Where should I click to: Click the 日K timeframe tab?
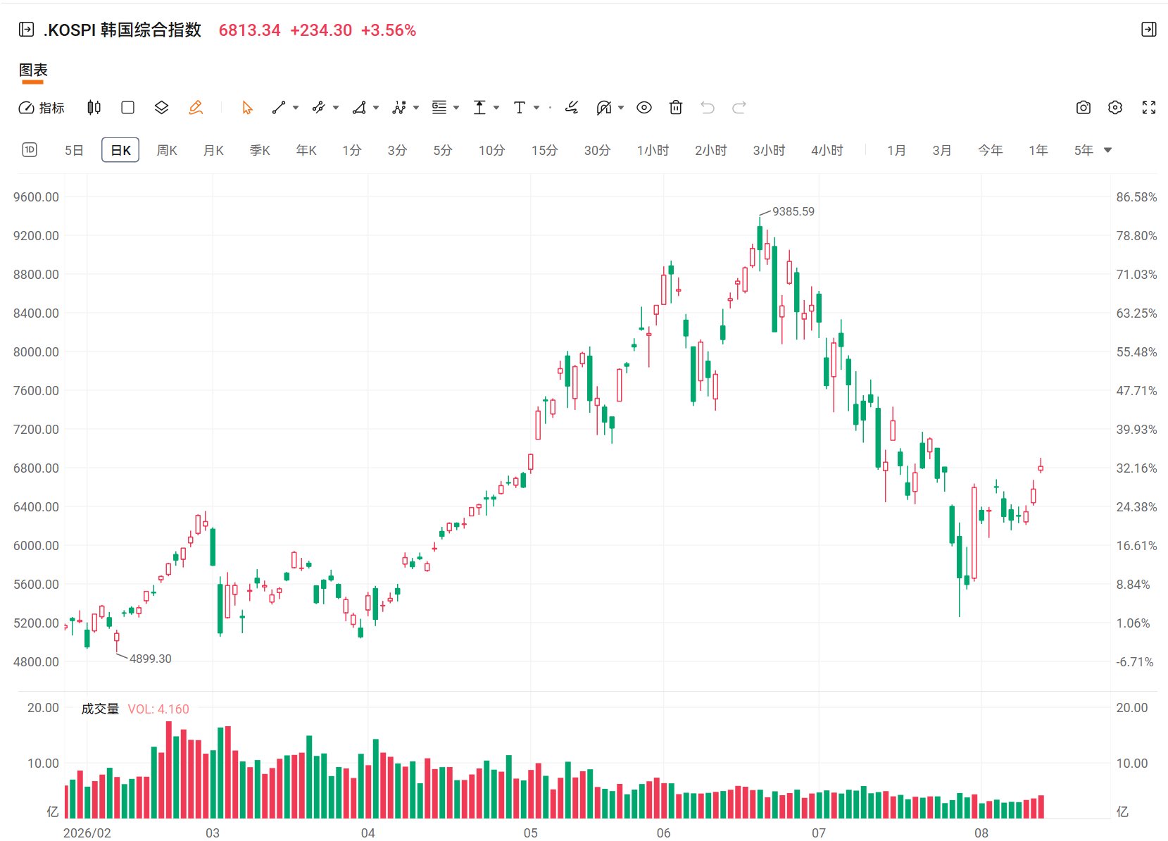(120, 150)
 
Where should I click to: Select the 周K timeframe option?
(167, 150)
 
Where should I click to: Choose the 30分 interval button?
(596, 150)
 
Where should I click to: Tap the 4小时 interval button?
(827, 150)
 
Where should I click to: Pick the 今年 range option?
(990, 150)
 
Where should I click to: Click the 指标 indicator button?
(42, 108)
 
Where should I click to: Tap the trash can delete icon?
(676, 108)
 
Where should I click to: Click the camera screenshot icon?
(1083, 108)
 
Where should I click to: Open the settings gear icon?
(1114, 108)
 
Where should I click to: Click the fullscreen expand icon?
(1149, 108)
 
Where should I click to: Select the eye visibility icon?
(644, 108)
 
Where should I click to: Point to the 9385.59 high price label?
(793, 211)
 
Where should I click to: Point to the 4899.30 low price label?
(150, 659)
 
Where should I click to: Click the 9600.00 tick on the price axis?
(36, 197)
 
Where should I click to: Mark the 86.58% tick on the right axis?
(1136, 197)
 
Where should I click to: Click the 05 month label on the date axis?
(530, 833)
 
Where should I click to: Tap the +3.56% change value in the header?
(389, 30)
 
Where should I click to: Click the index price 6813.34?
(249, 30)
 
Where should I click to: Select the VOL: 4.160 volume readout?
(158, 709)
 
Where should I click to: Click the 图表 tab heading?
(33, 70)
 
